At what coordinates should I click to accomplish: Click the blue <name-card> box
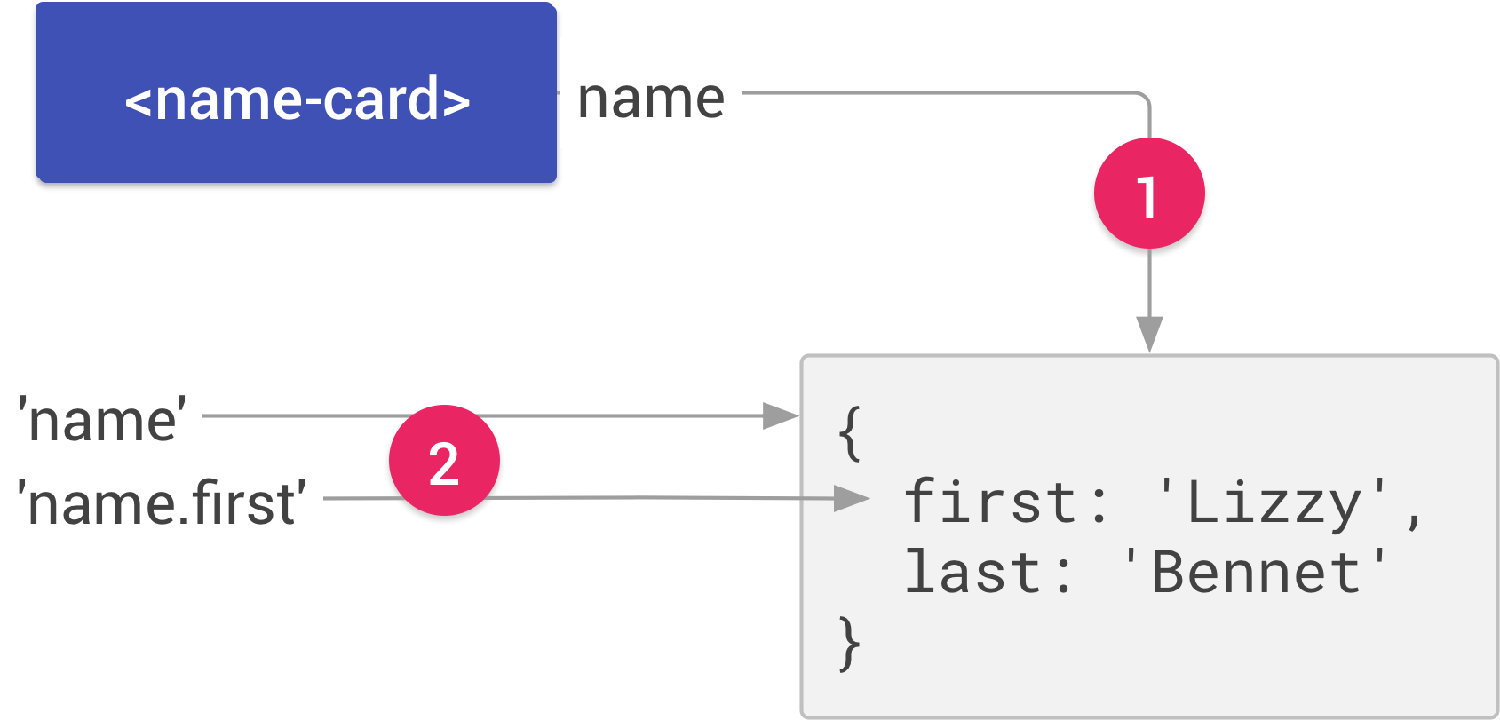click(296, 92)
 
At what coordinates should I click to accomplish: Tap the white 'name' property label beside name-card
click(651, 93)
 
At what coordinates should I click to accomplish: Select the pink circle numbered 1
click(1149, 194)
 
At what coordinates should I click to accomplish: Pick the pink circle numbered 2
click(444, 461)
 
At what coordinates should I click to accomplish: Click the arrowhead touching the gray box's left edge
click(782, 415)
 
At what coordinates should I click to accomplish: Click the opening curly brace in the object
click(850, 433)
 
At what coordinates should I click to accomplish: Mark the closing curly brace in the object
click(850, 643)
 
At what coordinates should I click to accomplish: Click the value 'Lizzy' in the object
click(1273, 502)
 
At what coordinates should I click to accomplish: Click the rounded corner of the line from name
click(1144, 98)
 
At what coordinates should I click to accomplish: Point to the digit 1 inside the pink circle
click(1147, 195)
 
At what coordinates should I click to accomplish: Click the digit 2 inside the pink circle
click(444, 463)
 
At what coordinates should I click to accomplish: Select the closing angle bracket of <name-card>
click(456, 100)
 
